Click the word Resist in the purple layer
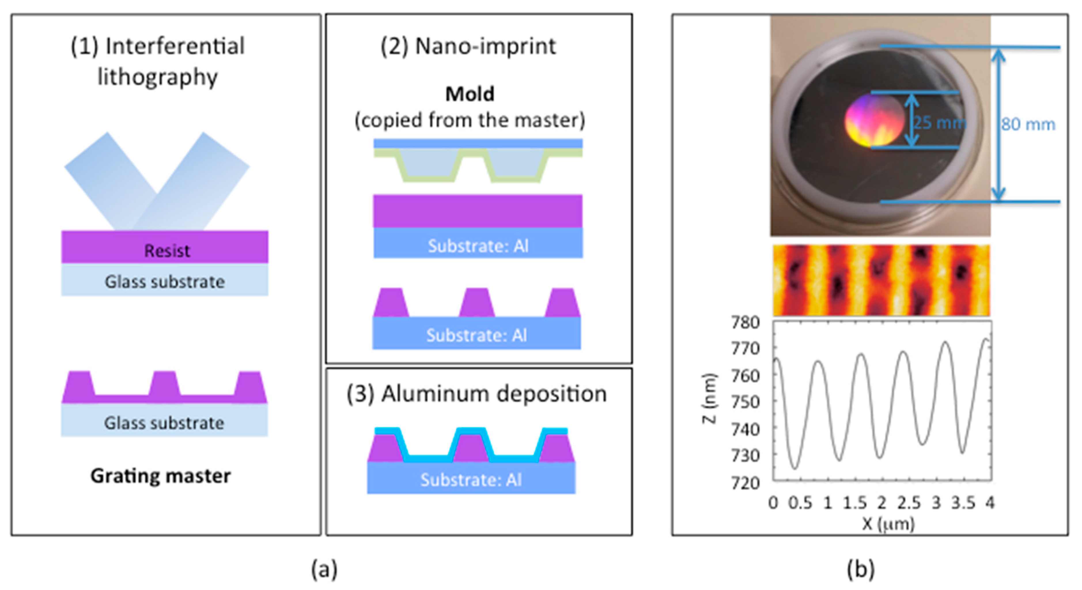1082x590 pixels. pos(167,251)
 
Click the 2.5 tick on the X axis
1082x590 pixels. pos(909,503)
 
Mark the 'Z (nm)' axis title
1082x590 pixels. pos(710,398)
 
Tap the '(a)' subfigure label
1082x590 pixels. pos(324,570)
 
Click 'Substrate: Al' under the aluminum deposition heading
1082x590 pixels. pos(471,480)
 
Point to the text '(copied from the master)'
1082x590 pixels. pos(470,120)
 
